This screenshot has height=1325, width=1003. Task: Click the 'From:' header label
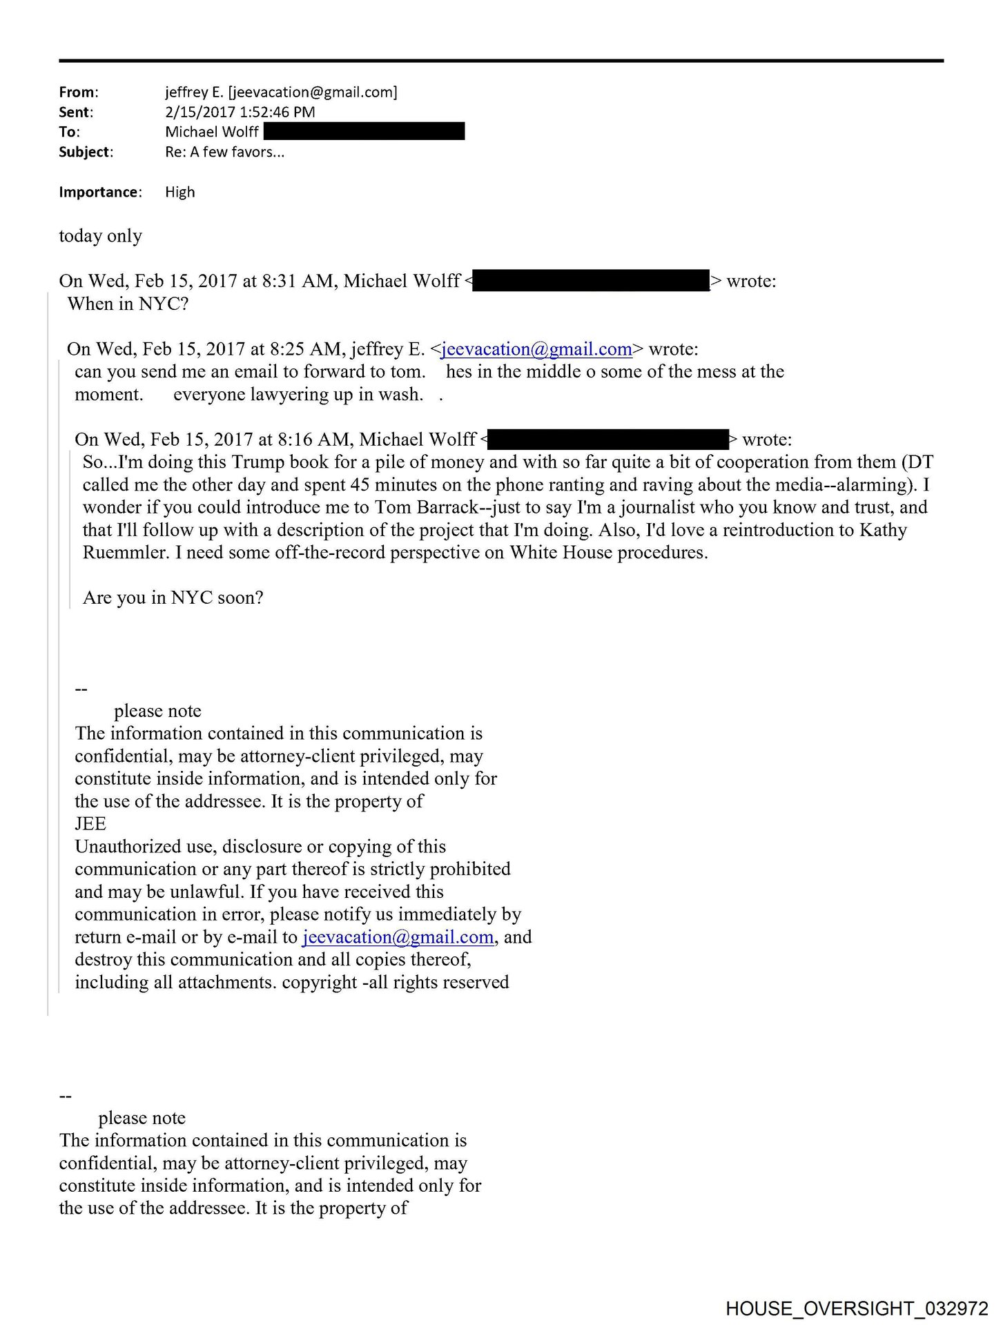point(78,92)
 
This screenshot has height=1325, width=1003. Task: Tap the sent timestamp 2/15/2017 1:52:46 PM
point(240,112)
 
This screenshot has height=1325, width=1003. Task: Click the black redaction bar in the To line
point(364,131)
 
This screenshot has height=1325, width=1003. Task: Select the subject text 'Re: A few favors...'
point(224,153)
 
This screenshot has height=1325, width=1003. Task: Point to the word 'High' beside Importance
point(179,193)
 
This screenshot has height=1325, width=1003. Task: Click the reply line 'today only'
point(100,236)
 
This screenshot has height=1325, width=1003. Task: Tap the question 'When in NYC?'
point(128,304)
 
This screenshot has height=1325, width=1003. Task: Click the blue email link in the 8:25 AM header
point(536,349)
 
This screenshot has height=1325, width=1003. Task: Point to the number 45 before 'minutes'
point(360,485)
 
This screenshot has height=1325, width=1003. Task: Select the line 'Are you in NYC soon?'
point(173,598)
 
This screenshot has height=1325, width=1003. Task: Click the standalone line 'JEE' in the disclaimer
point(90,824)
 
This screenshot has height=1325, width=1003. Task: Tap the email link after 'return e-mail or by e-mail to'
point(398,937)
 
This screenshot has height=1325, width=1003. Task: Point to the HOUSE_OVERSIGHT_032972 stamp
point(857,1308)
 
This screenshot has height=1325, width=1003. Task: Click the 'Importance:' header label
point(100,193)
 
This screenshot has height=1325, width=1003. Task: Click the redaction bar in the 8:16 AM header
point(608,440)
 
